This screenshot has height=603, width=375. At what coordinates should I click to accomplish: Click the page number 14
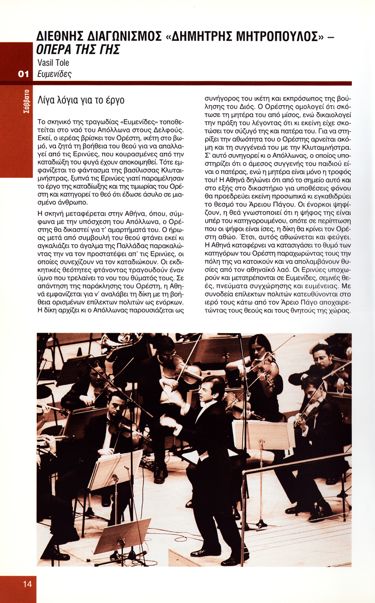27,583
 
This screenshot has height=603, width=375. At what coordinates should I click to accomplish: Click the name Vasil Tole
53,63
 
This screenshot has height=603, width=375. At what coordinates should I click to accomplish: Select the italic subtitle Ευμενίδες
54,74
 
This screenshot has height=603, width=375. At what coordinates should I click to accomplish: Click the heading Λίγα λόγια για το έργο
81,100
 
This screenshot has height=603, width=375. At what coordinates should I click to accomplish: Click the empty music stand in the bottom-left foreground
122,534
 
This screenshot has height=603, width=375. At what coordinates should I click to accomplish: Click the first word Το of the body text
42,122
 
